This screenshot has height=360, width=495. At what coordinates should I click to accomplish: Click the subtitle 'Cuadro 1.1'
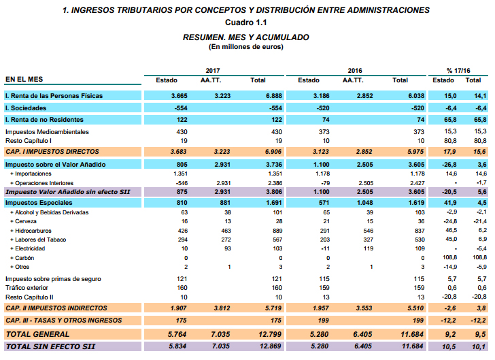click(x=246, y=24)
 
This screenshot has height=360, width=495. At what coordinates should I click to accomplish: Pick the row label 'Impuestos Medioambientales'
click(x=47, y=131)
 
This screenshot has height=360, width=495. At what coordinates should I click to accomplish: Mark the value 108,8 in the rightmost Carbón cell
click(x=479, y=259)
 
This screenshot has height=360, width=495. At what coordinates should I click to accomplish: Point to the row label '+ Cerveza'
click(x=24, y=221)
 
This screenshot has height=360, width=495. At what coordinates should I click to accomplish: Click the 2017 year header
click(x=213, y=71)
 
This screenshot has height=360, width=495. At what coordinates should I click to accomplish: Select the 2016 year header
click(x=354, y=71)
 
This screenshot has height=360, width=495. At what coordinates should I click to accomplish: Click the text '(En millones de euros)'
click(x=246, y=47)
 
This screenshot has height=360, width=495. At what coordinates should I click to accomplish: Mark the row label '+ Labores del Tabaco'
click(x=39, y=240)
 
